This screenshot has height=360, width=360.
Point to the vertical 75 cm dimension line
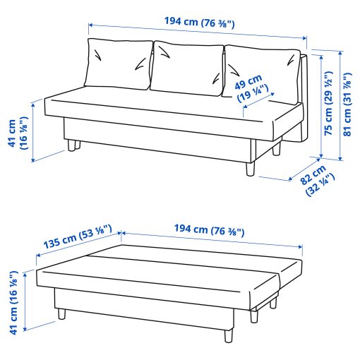322,106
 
